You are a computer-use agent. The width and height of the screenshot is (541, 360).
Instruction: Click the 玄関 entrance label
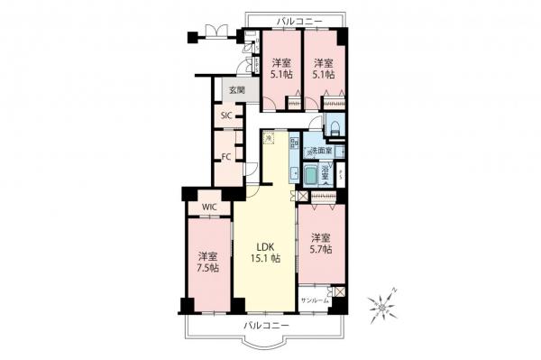pos(235,90)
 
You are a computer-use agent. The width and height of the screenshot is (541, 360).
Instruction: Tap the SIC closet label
pos(228,116)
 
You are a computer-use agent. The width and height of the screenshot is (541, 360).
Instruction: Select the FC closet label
pos(228,154)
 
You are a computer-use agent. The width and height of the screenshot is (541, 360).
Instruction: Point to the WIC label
pos(208,207)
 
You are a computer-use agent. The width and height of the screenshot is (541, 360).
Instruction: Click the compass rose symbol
pos(386,307)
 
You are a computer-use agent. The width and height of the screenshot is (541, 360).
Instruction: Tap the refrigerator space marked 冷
pos(269,139)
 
